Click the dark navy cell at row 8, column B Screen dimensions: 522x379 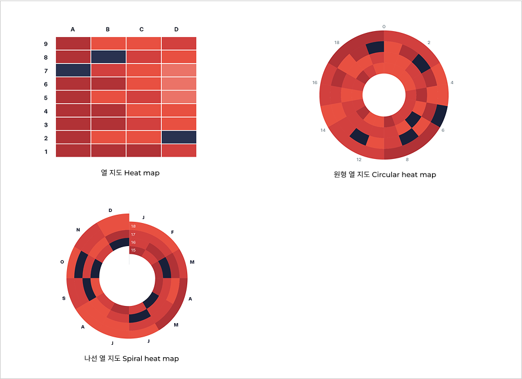click(x=108, y=56)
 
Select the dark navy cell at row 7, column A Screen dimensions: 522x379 click(x=73, y=70)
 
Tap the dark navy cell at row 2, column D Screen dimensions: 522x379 click(x=179, y=137)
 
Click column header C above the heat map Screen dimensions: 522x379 click(x=141, y=29)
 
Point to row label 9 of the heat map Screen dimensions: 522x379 click(x=46, y=44)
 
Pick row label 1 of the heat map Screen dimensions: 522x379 click(x=46, y=152)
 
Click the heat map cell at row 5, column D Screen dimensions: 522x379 click(x=179, y=97)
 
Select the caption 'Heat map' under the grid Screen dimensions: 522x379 click(x=142, y=173)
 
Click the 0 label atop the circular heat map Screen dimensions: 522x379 click(x=384, y=26)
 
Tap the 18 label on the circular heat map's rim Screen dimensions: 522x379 click(x=337, y=42)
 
